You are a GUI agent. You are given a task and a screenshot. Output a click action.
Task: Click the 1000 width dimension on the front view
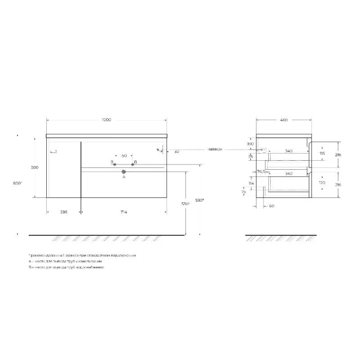(106, 120)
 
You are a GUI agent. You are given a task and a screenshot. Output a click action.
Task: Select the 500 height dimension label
(35, 167)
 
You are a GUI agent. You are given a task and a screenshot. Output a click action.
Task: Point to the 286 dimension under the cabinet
(64, 212)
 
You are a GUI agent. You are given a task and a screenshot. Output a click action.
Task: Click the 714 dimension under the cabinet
(123, 212)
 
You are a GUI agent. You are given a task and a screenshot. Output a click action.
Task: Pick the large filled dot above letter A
(124, 172)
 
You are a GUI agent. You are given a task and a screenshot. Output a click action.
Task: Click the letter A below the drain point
(124, 178)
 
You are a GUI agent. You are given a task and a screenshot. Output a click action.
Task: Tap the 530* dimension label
(185, 205)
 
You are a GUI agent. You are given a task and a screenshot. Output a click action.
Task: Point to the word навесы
(215, 149)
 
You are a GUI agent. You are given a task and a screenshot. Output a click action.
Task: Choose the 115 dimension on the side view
(322, 154)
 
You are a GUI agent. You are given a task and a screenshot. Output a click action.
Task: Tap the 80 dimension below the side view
(271, 207)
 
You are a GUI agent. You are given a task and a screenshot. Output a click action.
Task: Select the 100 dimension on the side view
(250, 144)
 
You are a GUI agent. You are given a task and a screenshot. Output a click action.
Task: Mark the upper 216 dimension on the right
(338, 154)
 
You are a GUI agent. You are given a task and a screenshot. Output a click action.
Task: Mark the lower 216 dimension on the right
(338, 185)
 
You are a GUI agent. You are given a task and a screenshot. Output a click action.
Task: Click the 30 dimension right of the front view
(176, 151)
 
